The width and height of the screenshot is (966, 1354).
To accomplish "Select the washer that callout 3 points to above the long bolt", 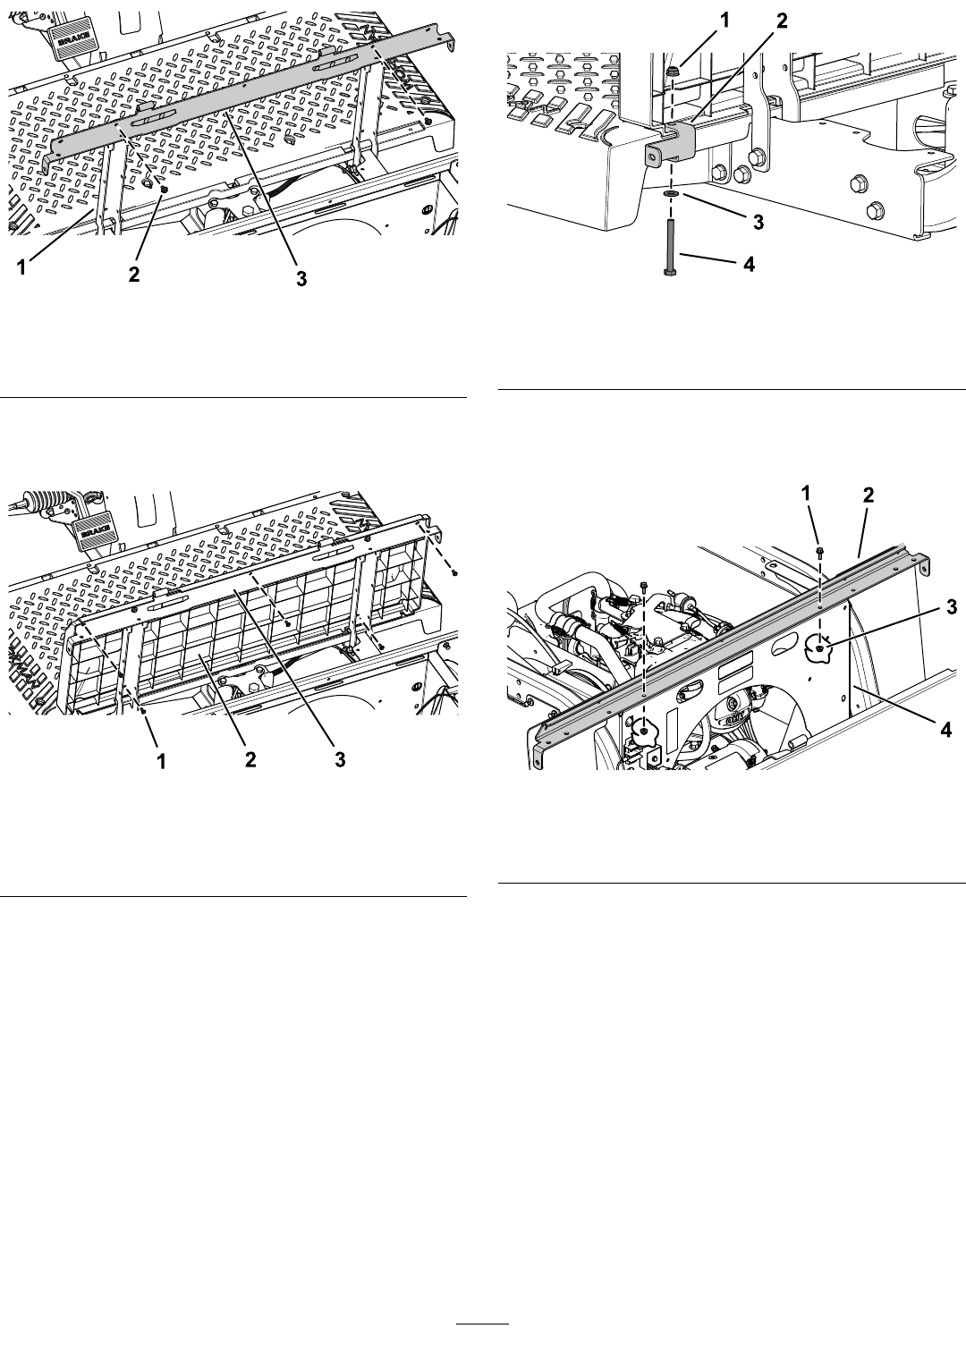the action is tap(671, 193).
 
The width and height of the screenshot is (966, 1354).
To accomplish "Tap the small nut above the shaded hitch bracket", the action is tap(672, 72).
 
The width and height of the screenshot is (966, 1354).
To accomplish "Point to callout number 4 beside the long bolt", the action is tap(749, 264).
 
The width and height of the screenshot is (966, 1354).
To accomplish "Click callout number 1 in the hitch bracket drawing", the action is tap(724, 21).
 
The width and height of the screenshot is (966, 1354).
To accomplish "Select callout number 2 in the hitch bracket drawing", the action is tap(782, 21).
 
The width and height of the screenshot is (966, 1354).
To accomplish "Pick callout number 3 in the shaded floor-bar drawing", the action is tap(301, 279).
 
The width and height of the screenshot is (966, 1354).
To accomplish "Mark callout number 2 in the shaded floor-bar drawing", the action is tap(133, 274).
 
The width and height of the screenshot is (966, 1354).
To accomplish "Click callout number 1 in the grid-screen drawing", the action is tap(161, 762).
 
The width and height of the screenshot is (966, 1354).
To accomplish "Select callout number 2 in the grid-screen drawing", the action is tap(250, 760).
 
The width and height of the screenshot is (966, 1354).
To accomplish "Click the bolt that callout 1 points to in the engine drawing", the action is tap(819, 551).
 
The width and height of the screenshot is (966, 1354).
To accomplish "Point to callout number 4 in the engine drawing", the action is tap(945, 730).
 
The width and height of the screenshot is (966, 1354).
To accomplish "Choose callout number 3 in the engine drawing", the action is tap(951, 606).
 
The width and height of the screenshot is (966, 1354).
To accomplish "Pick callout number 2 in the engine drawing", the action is tap(869, 495).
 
